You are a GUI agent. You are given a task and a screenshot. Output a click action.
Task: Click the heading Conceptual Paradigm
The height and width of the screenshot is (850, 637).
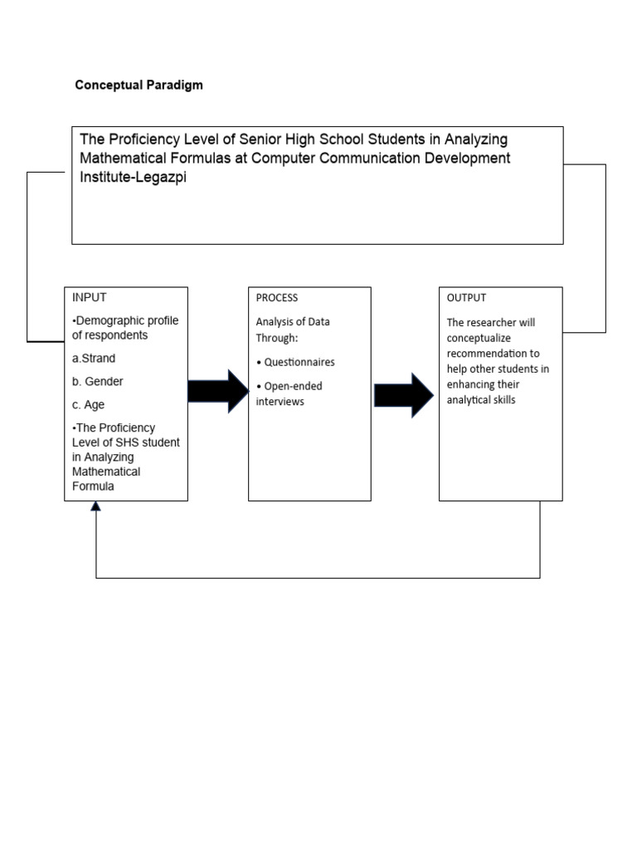point(139,85)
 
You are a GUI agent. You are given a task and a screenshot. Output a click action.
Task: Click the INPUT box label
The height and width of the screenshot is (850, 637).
point(89,297)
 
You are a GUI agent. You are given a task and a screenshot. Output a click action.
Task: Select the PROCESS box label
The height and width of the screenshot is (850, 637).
point(277,298)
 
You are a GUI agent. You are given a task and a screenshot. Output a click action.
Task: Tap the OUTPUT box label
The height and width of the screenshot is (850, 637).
point(466,298)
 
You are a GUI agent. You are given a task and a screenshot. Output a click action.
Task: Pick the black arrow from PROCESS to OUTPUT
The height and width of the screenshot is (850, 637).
point(404,395)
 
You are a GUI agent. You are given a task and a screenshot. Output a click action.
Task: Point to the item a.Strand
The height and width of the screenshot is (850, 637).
point(94,359)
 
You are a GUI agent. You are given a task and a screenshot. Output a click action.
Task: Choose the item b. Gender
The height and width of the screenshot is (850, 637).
point(98,382)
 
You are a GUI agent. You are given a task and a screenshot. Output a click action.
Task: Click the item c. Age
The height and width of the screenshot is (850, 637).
point(89,404)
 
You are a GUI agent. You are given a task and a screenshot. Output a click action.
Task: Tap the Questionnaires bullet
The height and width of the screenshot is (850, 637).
point(296,363)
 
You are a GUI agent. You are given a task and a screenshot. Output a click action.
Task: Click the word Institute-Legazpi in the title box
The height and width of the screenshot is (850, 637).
point(134,177)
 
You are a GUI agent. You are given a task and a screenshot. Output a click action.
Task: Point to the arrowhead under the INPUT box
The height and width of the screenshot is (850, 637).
point(96,506)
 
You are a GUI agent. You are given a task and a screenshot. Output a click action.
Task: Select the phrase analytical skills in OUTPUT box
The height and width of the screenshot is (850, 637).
point(481,400)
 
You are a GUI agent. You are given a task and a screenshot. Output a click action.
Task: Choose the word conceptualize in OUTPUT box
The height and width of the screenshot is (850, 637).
point(480,338)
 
